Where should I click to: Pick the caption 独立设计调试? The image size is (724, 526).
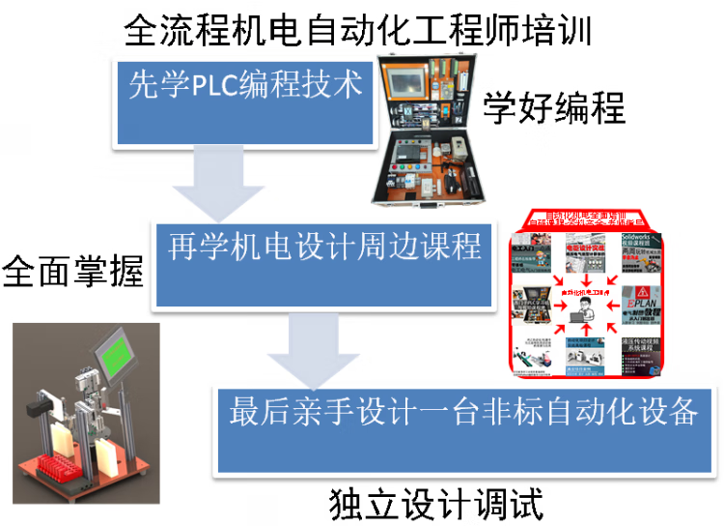coord(435,503)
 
